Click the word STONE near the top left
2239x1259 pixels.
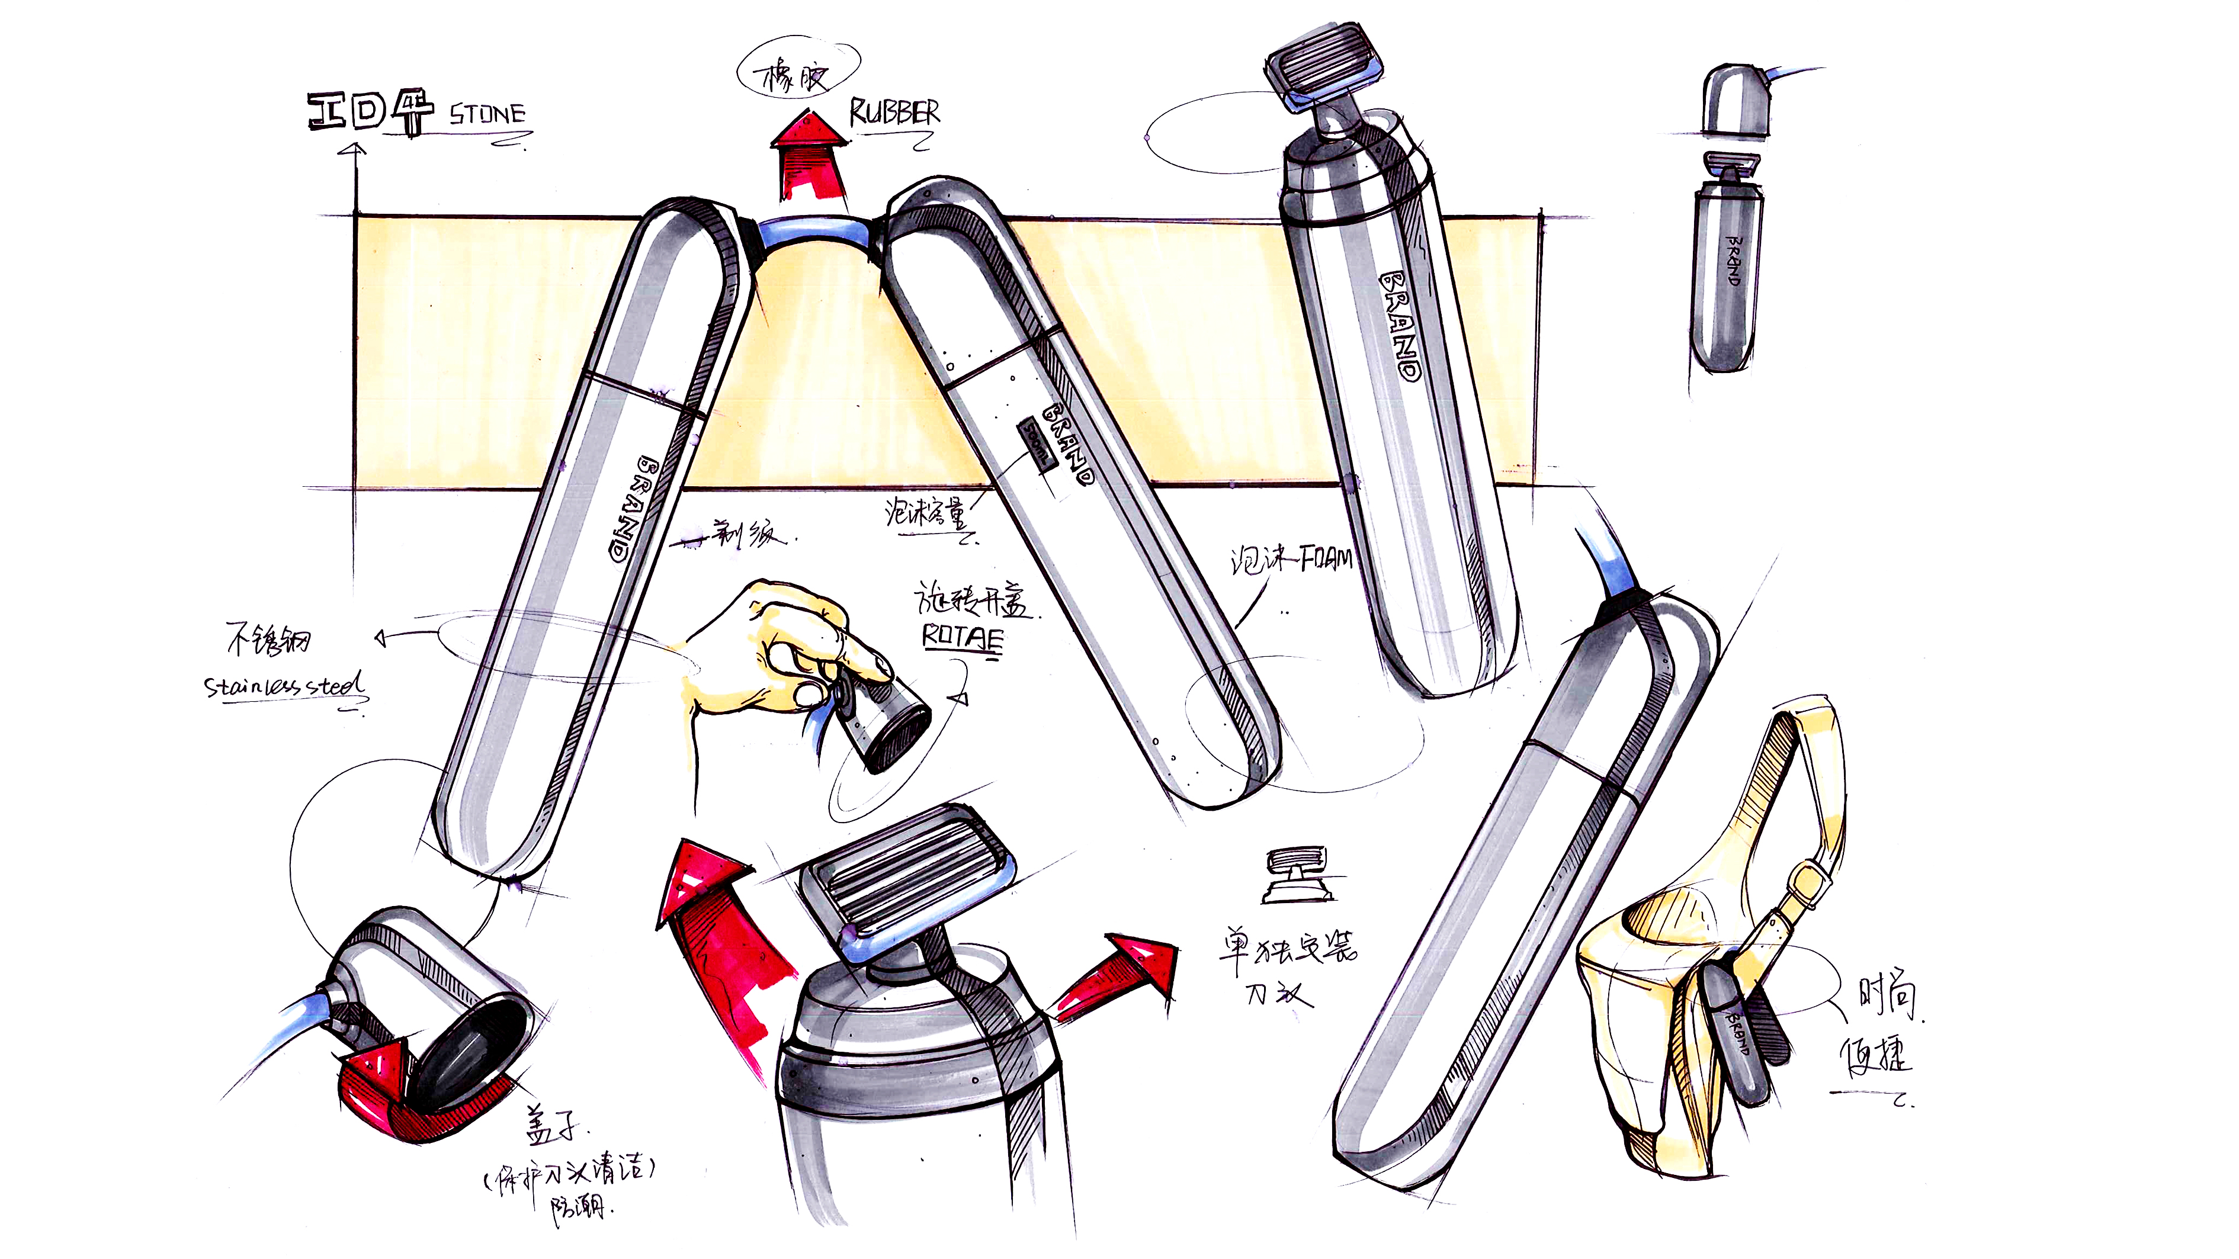pos(487,114)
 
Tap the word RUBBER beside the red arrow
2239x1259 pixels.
pos(893,113)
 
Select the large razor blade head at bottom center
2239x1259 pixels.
pos(906,879)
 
